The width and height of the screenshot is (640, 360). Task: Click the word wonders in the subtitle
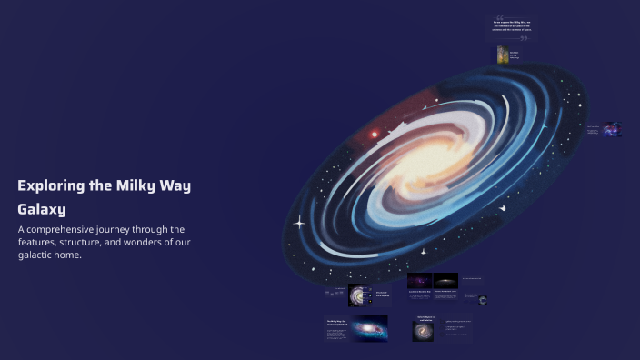tap(162, 242)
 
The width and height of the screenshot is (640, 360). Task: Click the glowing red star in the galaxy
tap(373, 135)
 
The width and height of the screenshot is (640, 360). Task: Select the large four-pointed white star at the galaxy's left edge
tap(299, 221)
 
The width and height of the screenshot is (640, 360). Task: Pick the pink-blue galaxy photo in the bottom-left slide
tap(368, 328)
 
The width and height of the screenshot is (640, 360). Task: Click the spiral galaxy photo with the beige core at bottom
tap(423, 332)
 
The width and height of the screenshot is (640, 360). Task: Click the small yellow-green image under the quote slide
tap(502, 55)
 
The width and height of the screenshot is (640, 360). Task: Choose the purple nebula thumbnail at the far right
tap(613, 128)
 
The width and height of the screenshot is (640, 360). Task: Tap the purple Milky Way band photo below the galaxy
tap(419, 282)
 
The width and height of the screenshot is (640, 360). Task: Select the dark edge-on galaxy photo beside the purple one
tap(445, 282)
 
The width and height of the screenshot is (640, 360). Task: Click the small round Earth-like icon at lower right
tap(484, 299)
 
